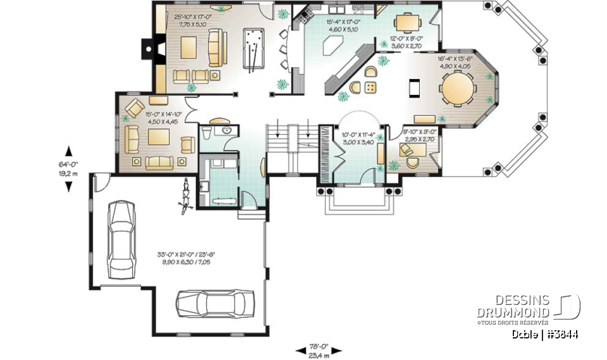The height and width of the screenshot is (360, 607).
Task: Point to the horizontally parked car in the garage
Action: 215,304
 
